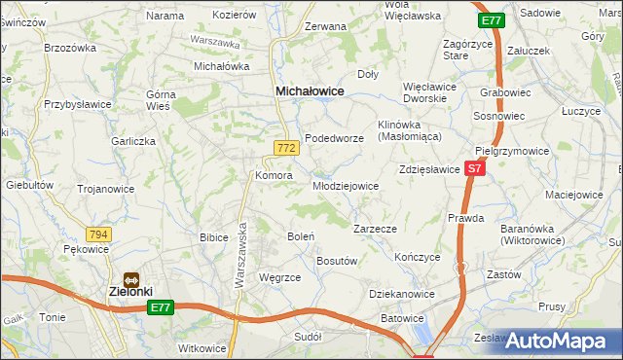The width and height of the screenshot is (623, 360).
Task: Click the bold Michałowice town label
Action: click(x=311, y=90)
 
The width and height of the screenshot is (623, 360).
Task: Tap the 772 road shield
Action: click(x=285, y=148)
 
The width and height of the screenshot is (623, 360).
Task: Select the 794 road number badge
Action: click(x=98, y=234)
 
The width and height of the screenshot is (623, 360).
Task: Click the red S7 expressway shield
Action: click(x=474, y=168)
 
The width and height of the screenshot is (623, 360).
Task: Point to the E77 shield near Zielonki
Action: click(x=162, y=308)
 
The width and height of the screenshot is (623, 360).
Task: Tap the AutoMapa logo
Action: click(x=560, y=341)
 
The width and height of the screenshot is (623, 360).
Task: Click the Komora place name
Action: click(x=274, y=176)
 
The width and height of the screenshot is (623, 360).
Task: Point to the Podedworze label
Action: click(x=334, y=139)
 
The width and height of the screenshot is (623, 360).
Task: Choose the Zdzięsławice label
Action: click(x=429, y=169)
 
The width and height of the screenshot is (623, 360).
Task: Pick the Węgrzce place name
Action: click(x=280, y=277)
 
